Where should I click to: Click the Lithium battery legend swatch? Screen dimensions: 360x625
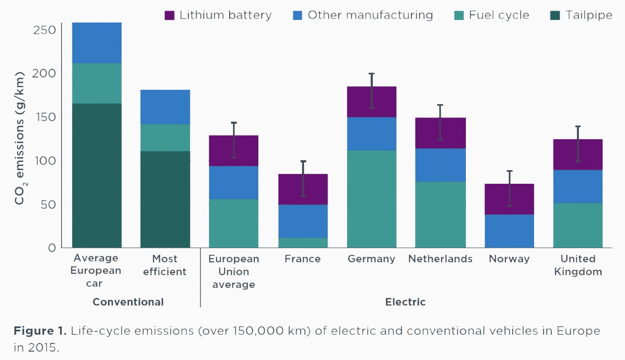(x=170, y=15)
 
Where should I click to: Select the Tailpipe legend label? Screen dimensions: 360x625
(x=589, y=15)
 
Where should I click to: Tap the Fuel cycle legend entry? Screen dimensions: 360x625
(x=499, y=15)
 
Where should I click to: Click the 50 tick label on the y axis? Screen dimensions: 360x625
(x=48, y=204)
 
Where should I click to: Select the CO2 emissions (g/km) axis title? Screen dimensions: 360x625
(x=20, y=138)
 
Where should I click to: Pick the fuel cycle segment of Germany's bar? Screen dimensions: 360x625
(x=371, y=199)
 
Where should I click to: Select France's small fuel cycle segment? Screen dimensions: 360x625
(x=303, y=242)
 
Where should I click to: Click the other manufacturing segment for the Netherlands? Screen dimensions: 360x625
(x=440, y=165)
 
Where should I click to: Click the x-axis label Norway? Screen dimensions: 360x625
(x=509, y=259)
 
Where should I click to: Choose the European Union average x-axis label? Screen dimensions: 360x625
(x=233, y=271)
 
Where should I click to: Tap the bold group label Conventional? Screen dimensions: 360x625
(x=128, y=302)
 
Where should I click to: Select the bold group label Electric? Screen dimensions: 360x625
(x=405, y=302)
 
